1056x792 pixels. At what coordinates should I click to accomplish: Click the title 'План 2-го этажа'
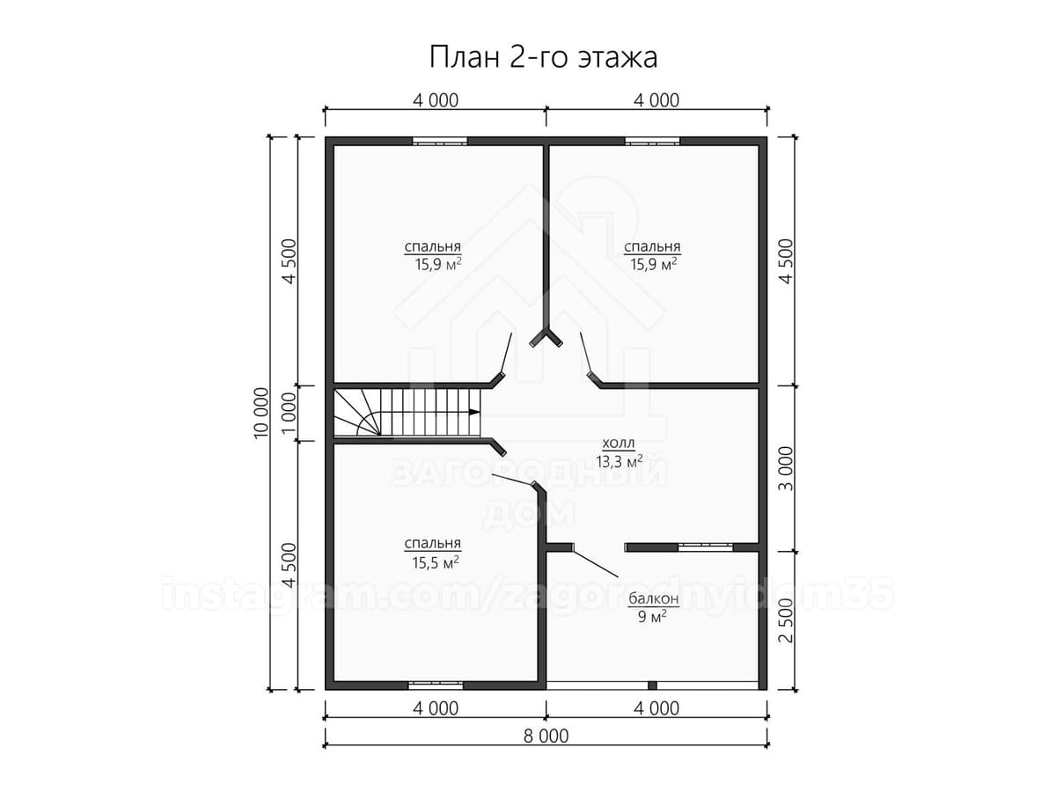pos(543,58)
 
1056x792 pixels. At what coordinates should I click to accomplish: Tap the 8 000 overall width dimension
pos(546,749)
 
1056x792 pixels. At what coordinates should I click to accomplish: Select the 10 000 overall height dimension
pos(261,413)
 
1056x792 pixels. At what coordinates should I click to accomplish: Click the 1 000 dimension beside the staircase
pos(290,413)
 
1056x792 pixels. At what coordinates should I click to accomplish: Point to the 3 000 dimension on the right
pos(785,468)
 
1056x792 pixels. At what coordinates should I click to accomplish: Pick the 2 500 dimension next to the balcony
pos(785,620)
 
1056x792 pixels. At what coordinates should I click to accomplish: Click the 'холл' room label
pos(619,443)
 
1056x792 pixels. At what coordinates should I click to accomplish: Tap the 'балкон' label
pos(653,598)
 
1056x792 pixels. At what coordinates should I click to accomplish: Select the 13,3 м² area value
pos(620,462)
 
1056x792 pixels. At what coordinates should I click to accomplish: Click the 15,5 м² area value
pos(435,562)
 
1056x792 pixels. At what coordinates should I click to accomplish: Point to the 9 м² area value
pos(652,616)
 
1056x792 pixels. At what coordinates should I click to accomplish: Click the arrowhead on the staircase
pos(473,412)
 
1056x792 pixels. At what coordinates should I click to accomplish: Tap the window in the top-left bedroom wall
pos(440,142)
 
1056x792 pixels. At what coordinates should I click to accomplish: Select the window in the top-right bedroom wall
pos(652,142)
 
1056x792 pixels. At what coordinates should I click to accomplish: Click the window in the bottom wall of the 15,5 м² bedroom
pos(436,686)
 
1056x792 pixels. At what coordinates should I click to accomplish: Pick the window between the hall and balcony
pos(705,546)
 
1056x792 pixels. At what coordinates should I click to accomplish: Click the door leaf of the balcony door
pos(596,561)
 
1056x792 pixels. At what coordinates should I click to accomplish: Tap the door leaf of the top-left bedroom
pos(507,353)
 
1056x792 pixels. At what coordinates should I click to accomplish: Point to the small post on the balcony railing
pos(652,686)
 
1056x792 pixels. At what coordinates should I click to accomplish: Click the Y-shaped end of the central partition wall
pos(546,338)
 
